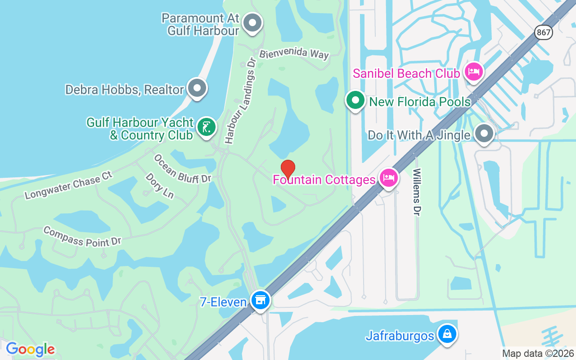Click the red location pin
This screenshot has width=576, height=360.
click(x=288, y=169)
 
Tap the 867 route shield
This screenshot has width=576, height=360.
click(x=544, y=32)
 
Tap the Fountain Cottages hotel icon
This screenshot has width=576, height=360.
click(x=388, y=178)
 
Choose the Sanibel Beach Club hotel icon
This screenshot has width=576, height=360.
click(x=473, y=72)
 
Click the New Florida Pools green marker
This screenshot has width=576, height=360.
click(x=355, y=100)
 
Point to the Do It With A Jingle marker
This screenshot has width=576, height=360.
click(x=484, y=134)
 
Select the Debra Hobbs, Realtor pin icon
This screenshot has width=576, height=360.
click(x=197, y=88)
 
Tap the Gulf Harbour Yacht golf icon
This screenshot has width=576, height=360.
click(x=206, y=127)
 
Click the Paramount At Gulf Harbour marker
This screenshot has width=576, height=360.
click(x=252, y=22)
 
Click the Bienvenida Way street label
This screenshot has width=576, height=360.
click(x=294, y=54)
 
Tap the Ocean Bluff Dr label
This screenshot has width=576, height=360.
click(x=182, y=169)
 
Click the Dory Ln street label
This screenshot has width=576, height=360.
click(x=159, y=185)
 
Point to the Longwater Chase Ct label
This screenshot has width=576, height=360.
click(x=68, y=184)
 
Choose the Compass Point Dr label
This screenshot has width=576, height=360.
click(x=82, y=236)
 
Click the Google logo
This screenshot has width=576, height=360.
click(x=31, y=349)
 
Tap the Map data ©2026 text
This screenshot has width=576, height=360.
click(x=538, y=353)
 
